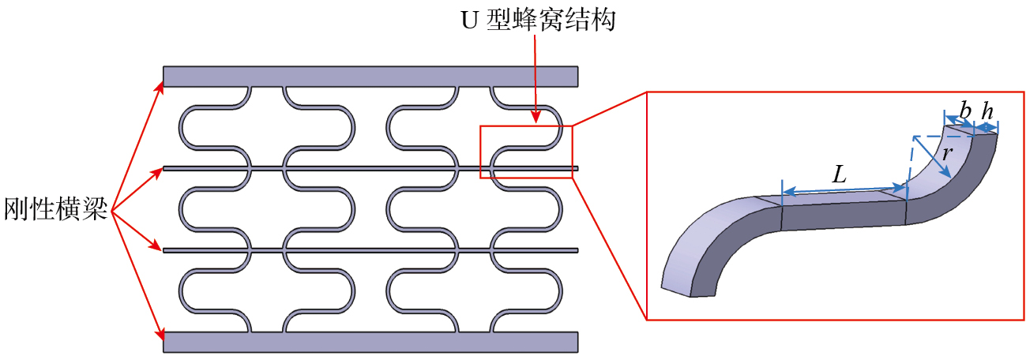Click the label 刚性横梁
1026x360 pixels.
coord(55,211)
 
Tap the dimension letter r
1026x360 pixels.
coord(949,153)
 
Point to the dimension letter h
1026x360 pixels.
coord(987,111)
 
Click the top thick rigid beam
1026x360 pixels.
coord(370,76)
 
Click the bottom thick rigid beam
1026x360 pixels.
coord(370,342)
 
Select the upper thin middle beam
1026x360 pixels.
coord(370,168)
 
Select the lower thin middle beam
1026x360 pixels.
coord(370,250)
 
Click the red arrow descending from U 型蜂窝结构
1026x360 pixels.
coord(536,79)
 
